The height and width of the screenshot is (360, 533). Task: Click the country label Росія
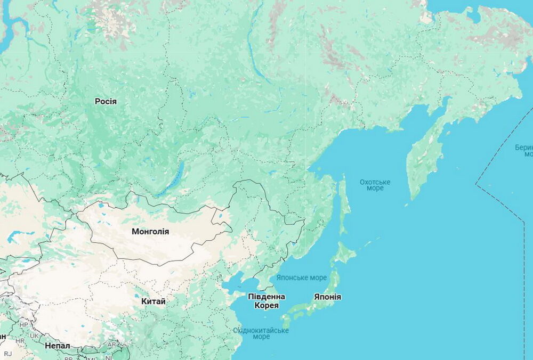click(106, 101)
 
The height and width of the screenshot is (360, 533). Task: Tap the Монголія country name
click(150, 231)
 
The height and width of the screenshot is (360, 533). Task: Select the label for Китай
click(153, 301)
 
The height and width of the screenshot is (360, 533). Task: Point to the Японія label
click(327, 297)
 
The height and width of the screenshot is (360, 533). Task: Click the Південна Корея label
click(266, 301)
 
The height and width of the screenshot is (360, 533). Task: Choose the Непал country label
click(57, 346)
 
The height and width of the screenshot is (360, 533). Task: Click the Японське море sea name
click(302, 278)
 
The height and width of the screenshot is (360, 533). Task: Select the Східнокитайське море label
click(261, 333)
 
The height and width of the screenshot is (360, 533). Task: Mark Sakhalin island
click(344, 205)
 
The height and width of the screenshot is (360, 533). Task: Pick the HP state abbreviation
click(23, 324)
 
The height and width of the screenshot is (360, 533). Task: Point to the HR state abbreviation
click(20, 341)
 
